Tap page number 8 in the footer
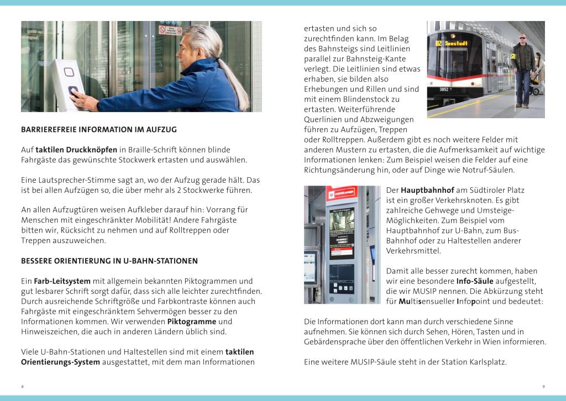[x=22, y=386]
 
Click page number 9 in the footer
[x=544, y=386]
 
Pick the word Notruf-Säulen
[x=490, y=170]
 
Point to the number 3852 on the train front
[x=444, y=89]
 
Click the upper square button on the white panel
[x=69, y=72]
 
